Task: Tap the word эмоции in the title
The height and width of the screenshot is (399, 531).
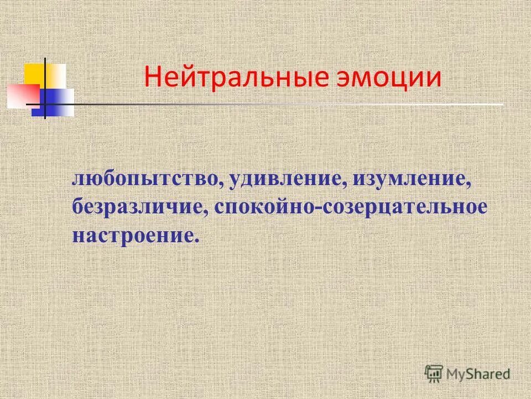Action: tap(389, 77)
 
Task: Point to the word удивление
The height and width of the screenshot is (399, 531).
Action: tap(284, 180)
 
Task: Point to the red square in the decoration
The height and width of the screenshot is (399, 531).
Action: tap(23, 94)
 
